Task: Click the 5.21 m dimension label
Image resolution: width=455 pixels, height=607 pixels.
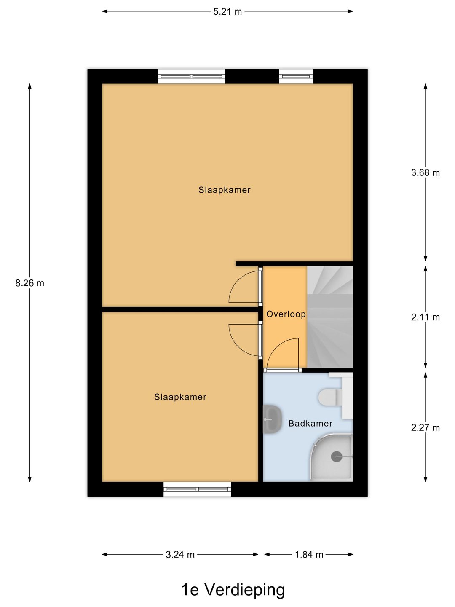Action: (227, 12)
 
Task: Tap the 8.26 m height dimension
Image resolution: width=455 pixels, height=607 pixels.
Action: (29, 283)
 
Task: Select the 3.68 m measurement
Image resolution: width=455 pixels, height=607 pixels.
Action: (426, 172)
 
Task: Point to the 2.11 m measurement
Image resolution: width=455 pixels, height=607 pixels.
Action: (426, 317)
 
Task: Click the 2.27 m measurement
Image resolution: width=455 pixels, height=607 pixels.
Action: (426, 428)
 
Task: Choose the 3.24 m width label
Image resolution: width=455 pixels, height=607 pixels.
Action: (180, 555)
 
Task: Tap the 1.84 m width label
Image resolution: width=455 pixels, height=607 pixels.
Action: (309, 555)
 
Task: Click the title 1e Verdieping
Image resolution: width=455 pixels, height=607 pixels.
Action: (233, 590)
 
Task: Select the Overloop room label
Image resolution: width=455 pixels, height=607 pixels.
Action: (286, 314)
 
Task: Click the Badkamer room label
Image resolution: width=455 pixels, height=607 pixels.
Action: (310, 424)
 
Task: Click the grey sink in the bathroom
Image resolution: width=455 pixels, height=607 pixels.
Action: (272, 419)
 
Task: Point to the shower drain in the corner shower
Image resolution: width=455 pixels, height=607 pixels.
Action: (337, 456)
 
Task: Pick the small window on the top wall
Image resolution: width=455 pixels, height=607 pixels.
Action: (296, 76)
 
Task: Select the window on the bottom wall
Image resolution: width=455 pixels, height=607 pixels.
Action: (197, 489)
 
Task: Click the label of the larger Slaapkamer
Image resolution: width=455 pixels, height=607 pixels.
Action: (225, 190)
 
